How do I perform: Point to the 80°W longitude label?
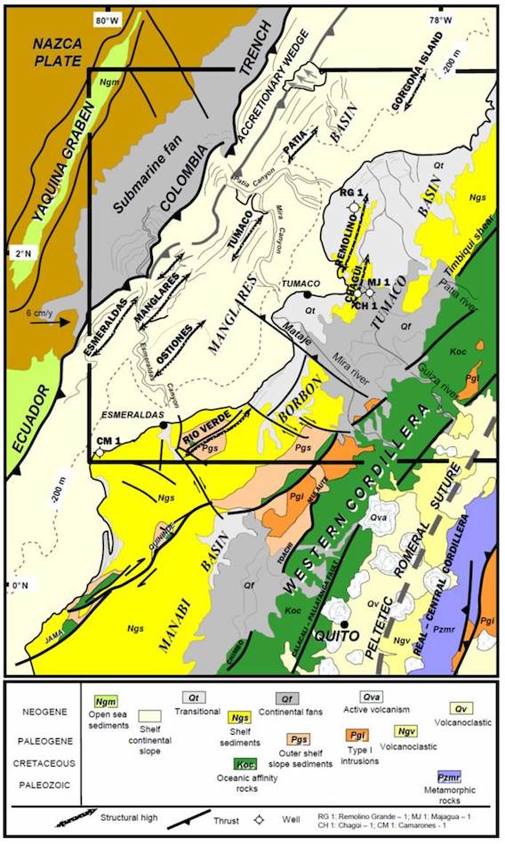coord(106,19)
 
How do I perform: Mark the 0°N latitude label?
coord(18,586)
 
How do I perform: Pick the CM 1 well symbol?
coord(100,451)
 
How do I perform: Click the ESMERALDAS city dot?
coord(165,426)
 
